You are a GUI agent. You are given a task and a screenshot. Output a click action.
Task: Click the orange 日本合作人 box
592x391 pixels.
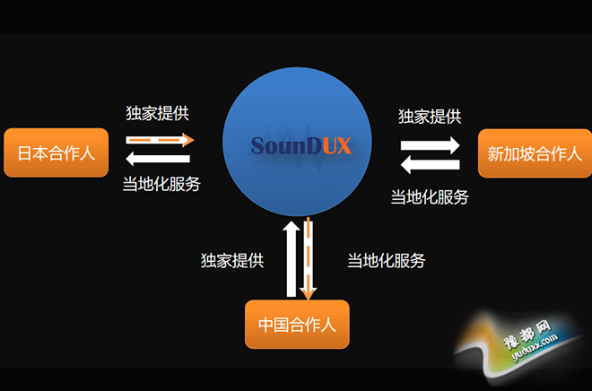56,152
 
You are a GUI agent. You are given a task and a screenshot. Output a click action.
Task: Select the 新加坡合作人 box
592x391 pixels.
535,153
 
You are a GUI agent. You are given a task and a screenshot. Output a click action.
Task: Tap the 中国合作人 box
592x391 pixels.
296,324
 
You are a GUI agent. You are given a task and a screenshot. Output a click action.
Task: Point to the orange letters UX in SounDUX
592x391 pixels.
336,145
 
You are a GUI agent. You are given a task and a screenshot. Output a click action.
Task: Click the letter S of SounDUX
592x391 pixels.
258,145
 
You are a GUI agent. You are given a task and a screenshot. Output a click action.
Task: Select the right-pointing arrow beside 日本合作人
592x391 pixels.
160,140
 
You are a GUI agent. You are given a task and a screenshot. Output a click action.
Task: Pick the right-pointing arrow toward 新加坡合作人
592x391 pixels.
431,143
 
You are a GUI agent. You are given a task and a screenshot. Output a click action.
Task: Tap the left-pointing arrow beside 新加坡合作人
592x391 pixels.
431,164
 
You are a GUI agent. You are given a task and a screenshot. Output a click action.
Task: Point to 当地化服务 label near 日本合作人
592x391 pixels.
161,184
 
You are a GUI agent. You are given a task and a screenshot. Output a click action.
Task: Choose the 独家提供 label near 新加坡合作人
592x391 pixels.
430,116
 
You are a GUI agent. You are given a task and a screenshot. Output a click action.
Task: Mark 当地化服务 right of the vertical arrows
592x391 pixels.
387,261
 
